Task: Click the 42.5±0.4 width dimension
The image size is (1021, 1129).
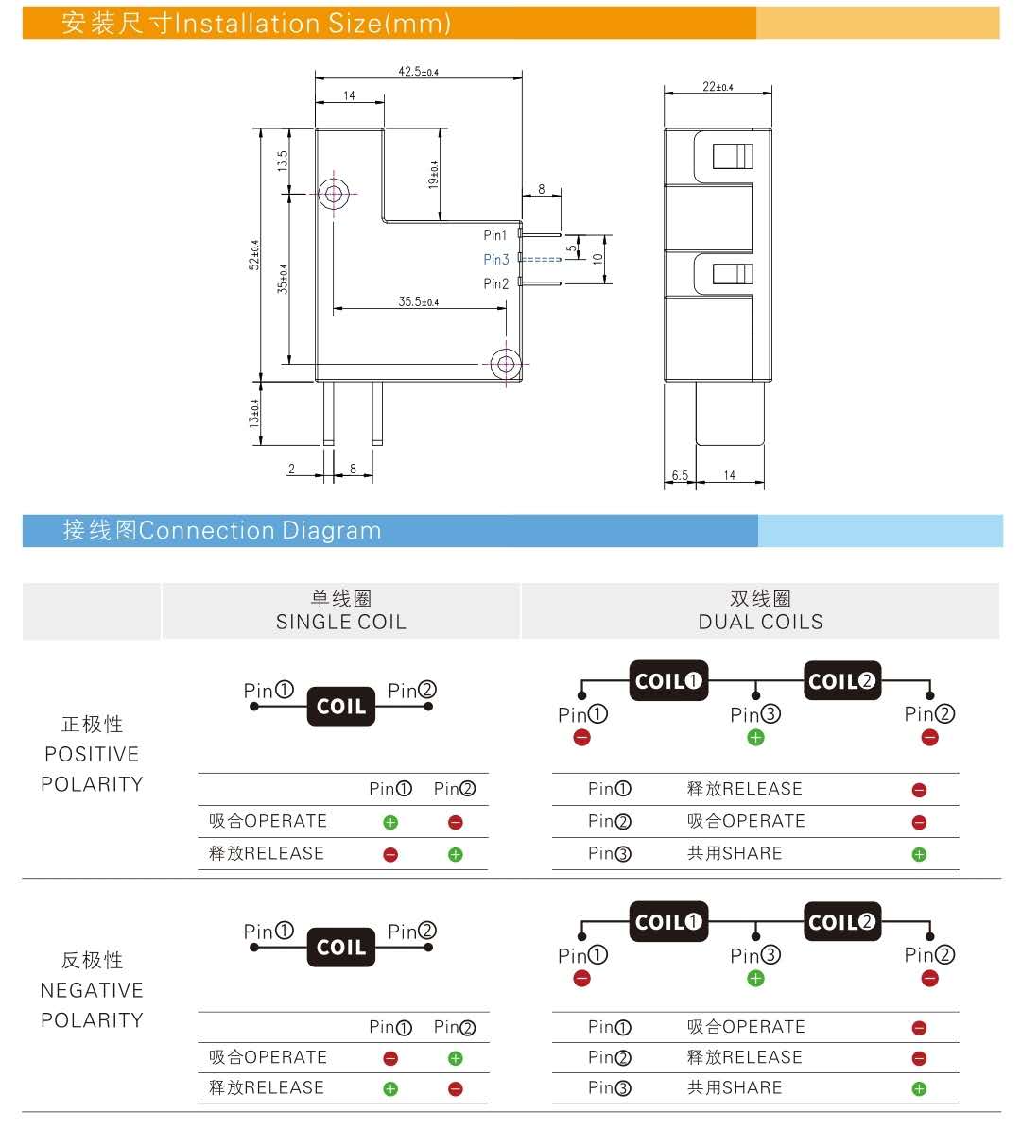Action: (x=418, y=71)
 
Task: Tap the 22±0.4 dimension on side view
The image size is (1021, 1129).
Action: (x=718, y=87)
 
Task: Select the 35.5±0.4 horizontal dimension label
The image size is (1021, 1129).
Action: (x=418, y=302)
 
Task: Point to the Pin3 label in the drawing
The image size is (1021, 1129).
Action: (x=495, y=260)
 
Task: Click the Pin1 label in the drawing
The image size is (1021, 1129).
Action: (x=495, y=235)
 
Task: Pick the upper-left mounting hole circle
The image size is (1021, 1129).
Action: (x=333, y=195)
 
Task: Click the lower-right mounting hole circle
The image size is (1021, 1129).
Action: (x=505, y=365)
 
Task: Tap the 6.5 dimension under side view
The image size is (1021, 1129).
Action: (x=680, y=475)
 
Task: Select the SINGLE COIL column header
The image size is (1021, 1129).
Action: (x=340, y=622)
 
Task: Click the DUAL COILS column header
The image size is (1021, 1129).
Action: (x=760, y=622)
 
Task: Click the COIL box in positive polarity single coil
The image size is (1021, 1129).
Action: (x=340, y=707)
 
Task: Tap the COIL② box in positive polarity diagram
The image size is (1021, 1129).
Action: (x=841, y=681)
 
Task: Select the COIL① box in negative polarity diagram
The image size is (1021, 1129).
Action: (x=668, y=922)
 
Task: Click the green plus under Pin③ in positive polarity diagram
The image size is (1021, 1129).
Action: (x=755, y=738)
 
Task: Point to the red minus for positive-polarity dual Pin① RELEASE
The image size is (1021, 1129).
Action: (x=919, y=791)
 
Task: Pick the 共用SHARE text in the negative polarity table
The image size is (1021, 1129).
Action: (x=735, y=1087)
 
